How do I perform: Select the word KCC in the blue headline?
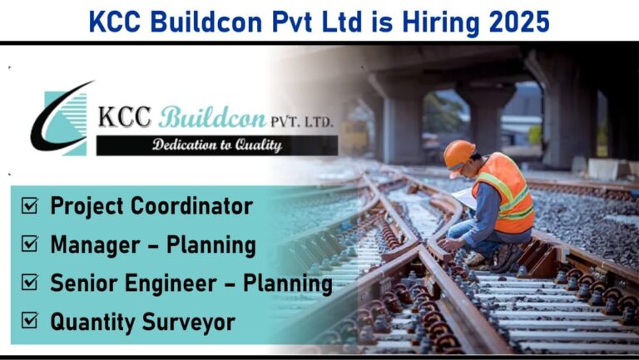tap(115, 22)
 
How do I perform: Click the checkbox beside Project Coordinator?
tap(30, 205)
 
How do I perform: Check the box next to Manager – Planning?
tap(30, 244)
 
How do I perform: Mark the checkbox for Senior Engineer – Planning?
tap(30, 282)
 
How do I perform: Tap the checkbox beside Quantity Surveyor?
tap(30, 321)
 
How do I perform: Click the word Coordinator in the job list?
tap(191, 206)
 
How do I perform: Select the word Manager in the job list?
tap(96, 245)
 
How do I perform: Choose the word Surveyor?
tap(188, 323)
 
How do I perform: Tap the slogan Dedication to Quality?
tap(217, 145)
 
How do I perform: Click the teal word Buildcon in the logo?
tap(212, 117)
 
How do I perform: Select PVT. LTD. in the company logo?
tap(301, 121)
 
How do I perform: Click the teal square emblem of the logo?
tap(65, 123)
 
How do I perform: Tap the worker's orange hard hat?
tap(458, 155)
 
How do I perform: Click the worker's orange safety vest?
tap(504, 193)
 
